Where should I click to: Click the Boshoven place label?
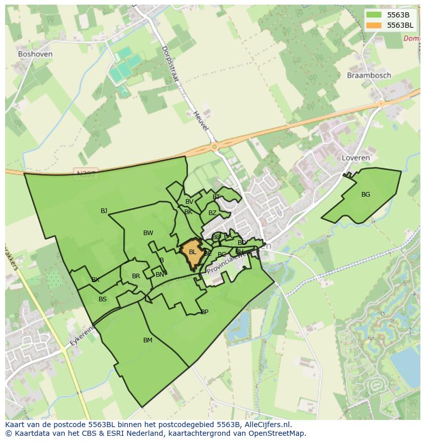coord(35,54)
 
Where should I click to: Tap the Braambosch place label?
coord(369,75)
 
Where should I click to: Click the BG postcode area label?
coord(365,195)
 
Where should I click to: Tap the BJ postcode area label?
coord(104,210)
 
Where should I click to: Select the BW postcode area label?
coord(148,233)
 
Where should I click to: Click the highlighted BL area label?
coord(192,252)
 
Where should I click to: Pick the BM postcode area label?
coord(148,340)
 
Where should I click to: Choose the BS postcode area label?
coord(103,299)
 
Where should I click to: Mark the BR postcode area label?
coord(136,276)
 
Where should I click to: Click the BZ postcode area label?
coord(212,213)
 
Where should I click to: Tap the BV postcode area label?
coord(189,202)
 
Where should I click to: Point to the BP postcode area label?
coord(204,312)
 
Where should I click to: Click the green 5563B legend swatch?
coord(374,15)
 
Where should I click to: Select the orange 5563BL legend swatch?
coord(374,25)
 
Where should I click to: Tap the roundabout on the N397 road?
coord(214,147)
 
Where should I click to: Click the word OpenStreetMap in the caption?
coord(279,433)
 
